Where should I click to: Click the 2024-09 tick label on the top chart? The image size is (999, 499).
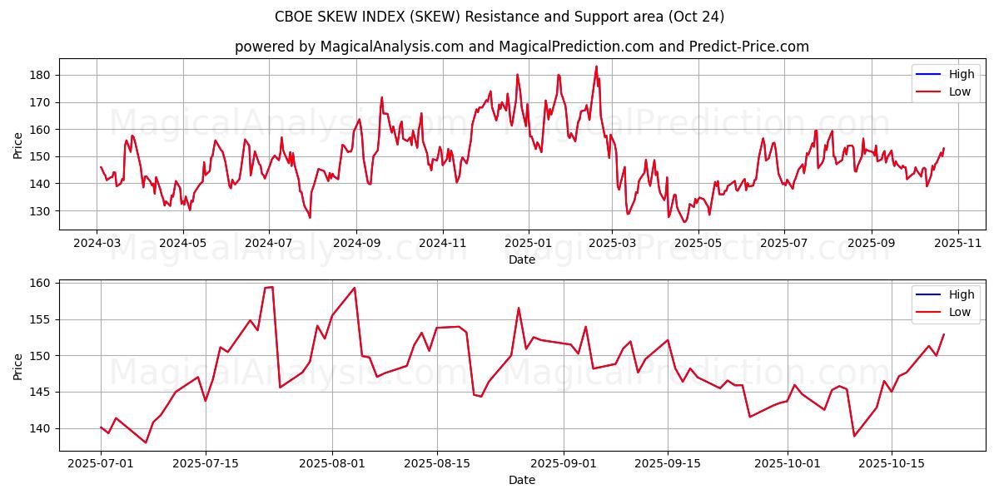356,243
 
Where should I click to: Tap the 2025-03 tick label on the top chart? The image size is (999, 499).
612,243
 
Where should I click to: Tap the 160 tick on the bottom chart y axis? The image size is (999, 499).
42,283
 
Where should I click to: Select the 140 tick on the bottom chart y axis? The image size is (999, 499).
42,428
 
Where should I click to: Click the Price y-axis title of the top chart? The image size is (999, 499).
18,145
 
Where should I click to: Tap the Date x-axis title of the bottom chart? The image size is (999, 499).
522,480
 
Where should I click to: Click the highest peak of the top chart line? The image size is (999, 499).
596,67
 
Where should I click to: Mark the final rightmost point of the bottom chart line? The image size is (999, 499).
944,334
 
